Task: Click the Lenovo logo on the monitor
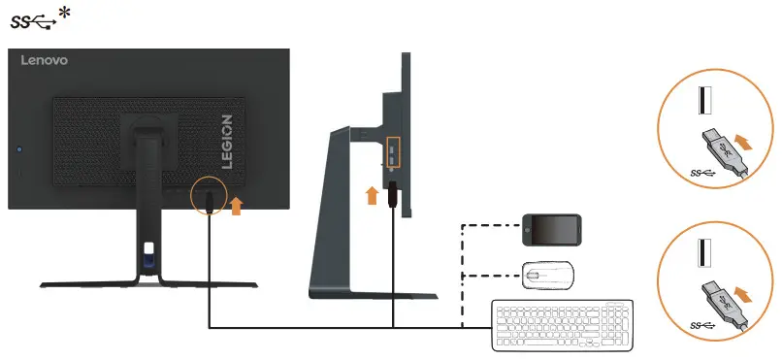click(x=45, y=61)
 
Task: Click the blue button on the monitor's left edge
click(x=19, y=150)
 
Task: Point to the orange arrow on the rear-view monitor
click(x=236, y=206)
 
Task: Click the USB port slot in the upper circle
click(x=703, y=105)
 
